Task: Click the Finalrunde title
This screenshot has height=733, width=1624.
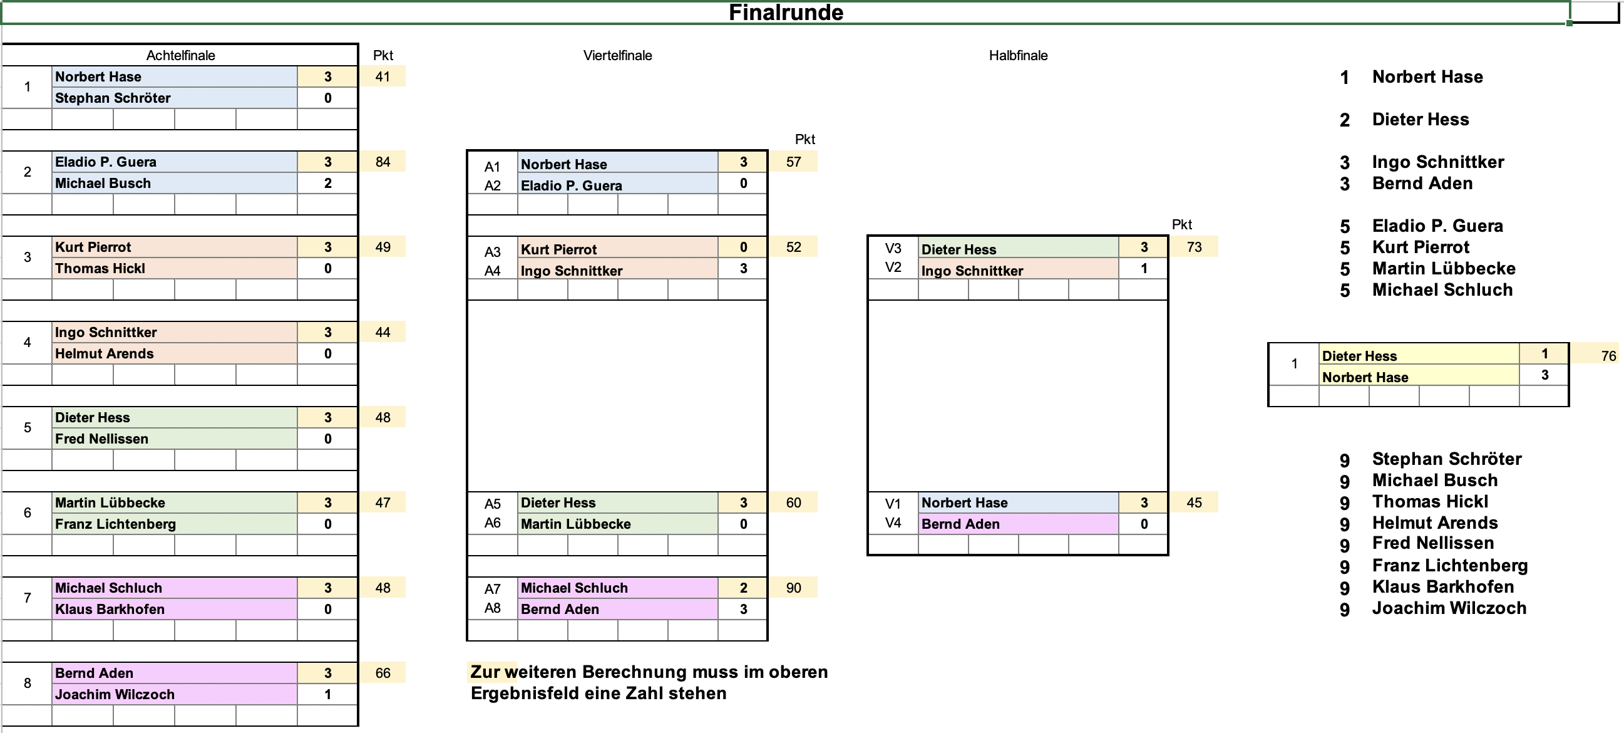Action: click(x=786, y=13)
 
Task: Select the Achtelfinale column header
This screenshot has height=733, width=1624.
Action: click(x=180, y=56)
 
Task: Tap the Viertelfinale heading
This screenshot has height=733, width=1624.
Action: click(x=617, y=56)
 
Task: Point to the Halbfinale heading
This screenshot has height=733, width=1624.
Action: click(x=1017, y=56)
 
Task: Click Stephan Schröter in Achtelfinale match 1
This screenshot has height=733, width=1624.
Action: click(x=113, y=98)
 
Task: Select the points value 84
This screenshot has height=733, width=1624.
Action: click(x=383, y=162)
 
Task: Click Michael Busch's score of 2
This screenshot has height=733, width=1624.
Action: click(x=328, y=184)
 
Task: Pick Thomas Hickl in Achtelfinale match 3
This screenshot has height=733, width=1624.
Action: click(x=100, y=269)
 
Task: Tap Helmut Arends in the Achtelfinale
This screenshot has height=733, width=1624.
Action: click(x=104, y=354)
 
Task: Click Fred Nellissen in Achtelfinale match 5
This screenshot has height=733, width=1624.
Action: click(x=101, y=439)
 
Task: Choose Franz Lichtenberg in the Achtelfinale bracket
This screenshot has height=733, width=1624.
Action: click(x=115, y=524)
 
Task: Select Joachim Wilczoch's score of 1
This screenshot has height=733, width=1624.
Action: click(x=328, y=695)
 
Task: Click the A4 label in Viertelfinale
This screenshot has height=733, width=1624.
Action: click(x=492, y=271)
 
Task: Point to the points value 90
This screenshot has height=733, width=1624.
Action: click(x=793, y=588)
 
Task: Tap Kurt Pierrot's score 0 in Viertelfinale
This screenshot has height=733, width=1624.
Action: click(x=743, y=247)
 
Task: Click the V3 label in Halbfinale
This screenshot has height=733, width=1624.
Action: click(x=893, y=249)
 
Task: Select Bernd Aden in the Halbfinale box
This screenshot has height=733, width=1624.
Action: click(x=960, y=524)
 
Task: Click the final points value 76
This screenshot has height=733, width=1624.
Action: click(x=1608, y=356)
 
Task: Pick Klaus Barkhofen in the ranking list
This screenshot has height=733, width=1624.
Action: click(x=1442, y=587)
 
